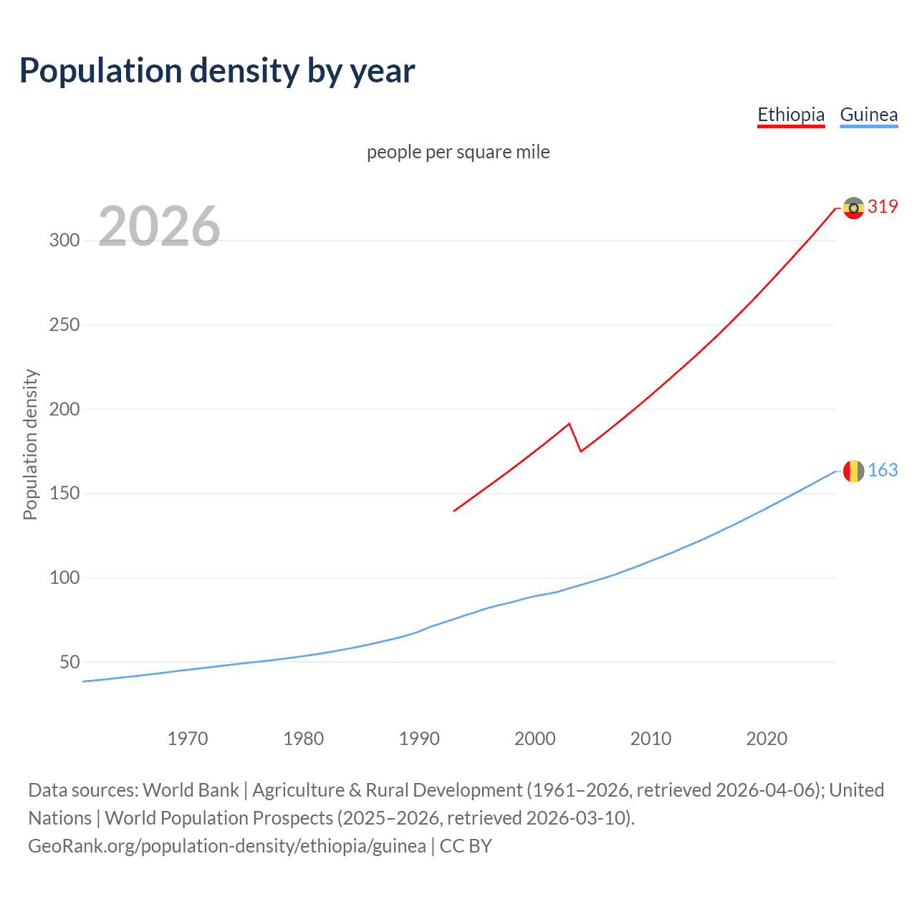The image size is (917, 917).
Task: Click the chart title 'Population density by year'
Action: point(217,71)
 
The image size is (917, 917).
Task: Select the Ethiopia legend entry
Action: point(791,115)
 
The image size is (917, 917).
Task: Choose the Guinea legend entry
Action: point(868,115)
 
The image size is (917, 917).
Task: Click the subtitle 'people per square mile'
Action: point(458,152)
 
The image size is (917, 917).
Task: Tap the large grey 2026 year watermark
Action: point(159,226)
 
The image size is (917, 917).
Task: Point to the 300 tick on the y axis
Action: point(64,240)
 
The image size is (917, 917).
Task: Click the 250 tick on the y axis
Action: point(64,325)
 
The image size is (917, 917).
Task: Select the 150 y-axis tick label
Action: point(64,493)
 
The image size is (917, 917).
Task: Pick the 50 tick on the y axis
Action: point(69,662)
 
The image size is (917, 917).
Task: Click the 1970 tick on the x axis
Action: point(188,739)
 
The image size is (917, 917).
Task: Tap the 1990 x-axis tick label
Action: point(419,739)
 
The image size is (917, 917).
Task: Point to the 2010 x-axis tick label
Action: point(650,739)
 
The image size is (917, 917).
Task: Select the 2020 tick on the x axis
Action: point(767,739)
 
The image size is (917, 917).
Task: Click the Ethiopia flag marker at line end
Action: point(853,208)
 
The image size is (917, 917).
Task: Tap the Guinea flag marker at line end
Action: point(853,471)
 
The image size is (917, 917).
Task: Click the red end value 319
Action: point(883,207)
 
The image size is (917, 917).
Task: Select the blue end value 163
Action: point(883,470)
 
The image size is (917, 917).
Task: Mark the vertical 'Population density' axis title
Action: point(30,444)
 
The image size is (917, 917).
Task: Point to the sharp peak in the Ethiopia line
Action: point(569,423)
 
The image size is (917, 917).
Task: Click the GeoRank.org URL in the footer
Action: point(227,846)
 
